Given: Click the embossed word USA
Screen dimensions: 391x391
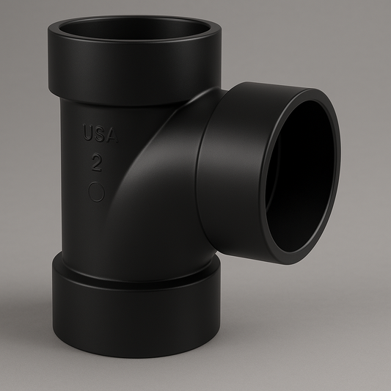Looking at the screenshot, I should tap(99, 135).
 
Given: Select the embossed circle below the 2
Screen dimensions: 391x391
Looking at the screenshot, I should tap(97, 191).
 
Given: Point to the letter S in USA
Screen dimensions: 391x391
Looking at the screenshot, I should tap(99, 135).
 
